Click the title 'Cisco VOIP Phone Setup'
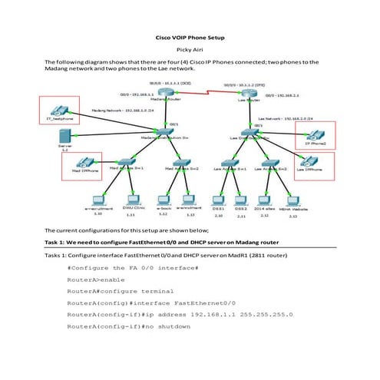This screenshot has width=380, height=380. [x=190, y=37]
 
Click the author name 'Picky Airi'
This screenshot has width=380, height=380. [x=190, y=48]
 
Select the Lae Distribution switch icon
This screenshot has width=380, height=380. [x=248, y=133]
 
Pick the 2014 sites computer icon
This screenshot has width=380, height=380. [x=266, y=200]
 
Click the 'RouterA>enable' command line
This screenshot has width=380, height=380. [x=96, y=280]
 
